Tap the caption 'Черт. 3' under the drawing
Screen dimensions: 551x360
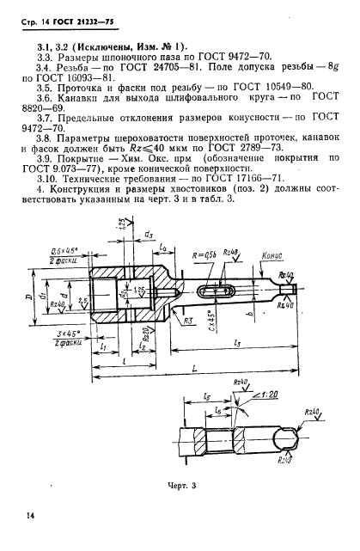coord(181,486)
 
